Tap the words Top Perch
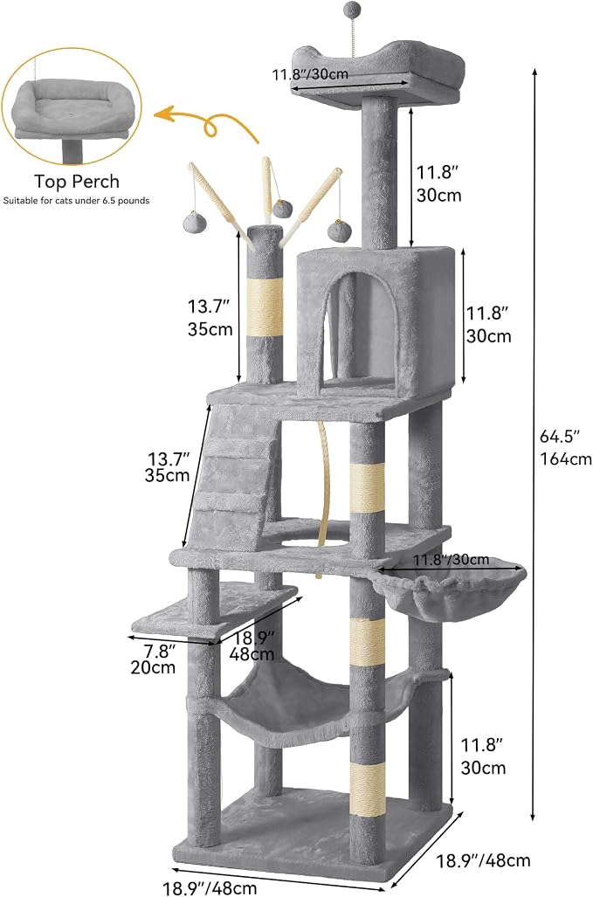77,182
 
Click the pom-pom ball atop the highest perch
348,9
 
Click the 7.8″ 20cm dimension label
153,659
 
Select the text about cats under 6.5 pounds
77,201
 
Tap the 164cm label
566,459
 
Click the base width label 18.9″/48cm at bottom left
210,887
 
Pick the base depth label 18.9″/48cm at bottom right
484,859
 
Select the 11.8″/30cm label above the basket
452,559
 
